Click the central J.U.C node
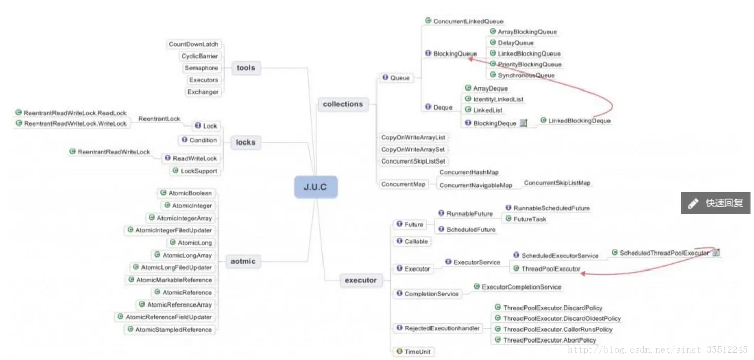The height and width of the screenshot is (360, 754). (x=316, y=187)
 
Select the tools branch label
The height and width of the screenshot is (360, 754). (x=245, y=68)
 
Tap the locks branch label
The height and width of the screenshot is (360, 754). (x=245, y=142)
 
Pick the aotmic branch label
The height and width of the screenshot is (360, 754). (x=243, y=261)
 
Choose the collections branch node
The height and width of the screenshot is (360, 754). (x=343, y=104)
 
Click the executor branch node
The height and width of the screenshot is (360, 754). (x=361, y=280)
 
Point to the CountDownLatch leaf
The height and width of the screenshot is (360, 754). (x=193, y=44)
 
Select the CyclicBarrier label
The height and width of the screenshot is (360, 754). (x=200, y=56)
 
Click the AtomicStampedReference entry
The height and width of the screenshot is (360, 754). (x=173, y=330)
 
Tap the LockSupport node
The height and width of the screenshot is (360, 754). (x=199, y=171)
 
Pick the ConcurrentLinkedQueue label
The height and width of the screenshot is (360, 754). (x=468, y=21)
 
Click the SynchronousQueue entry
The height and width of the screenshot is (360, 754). (x=526, y=75)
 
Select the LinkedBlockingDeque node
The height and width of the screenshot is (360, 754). (x=579, y=121)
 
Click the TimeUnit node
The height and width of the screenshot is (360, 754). (x=417, y=352)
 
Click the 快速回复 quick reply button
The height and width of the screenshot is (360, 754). (x=715, y=203)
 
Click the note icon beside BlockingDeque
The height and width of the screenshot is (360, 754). (x=524, y=123)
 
